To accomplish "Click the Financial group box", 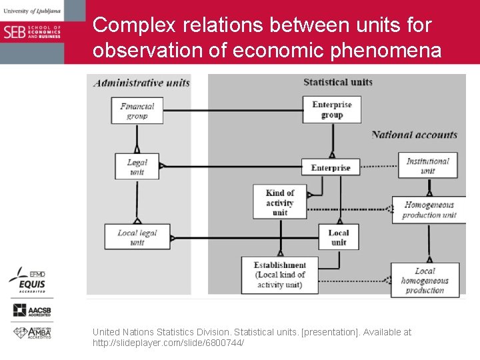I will click(137, 111).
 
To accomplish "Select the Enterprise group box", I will click(331, 109).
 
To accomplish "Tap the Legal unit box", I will click(137, 167).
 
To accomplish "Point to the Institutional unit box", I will click(427, 165).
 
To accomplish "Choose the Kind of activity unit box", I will click(280, 201).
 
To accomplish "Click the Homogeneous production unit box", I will click(429, 210).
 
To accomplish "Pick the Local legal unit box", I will click(137, 237).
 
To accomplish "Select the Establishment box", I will click(279, 275).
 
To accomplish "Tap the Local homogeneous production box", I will click(425, 280).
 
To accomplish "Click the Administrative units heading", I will click(141, 83).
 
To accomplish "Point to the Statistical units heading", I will click(337, 82).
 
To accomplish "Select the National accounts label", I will click(414, 135).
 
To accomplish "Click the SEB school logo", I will click(32, 31).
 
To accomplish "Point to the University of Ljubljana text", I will click(31, 11).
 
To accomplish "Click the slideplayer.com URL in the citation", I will click(168, 343).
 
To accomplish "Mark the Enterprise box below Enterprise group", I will click(331, 167).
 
